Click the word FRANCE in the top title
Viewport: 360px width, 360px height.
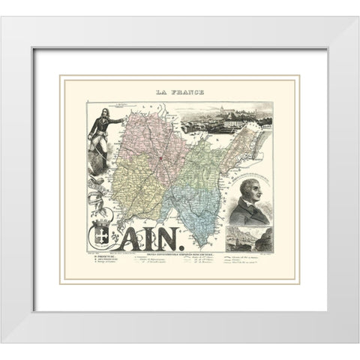tap(186, 92)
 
